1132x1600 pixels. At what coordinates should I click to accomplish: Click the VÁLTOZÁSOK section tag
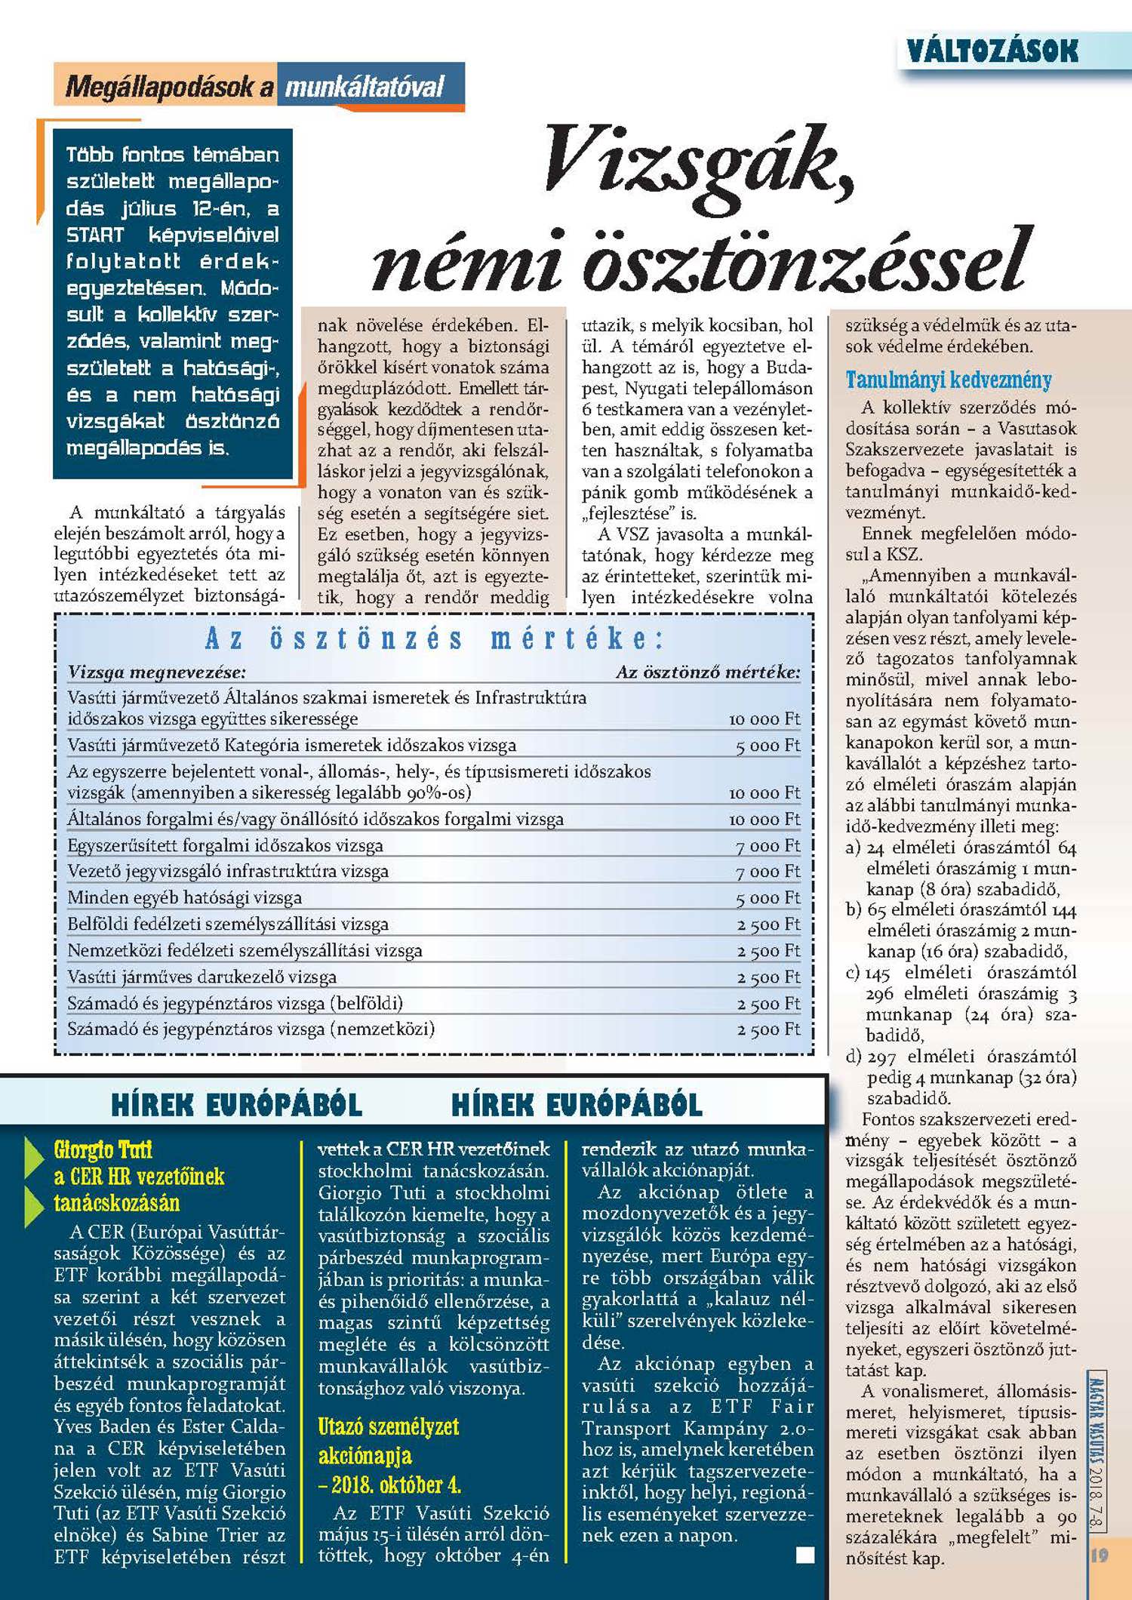click(992, 51)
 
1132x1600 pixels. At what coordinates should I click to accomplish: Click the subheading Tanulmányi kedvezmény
click(948, 380)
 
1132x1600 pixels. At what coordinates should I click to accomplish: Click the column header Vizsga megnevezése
click(156, 672)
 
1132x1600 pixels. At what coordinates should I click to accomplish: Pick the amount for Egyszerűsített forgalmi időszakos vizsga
click(767, 846)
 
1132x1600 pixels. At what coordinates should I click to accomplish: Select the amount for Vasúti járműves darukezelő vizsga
click(767, 977)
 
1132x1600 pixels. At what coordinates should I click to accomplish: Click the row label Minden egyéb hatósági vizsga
click(184, 897)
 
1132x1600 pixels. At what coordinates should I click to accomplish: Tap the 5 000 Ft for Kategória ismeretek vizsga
click(767, 746)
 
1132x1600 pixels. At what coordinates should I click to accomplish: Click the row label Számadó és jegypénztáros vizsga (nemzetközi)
click(251, 1029)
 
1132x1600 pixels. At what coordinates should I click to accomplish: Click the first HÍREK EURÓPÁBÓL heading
click(236, 1106)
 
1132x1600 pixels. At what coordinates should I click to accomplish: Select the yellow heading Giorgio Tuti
click(103, 1150)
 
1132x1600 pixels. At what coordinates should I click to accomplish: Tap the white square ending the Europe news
click(805, 1555)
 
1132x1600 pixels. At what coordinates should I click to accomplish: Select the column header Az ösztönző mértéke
click(708, 672)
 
